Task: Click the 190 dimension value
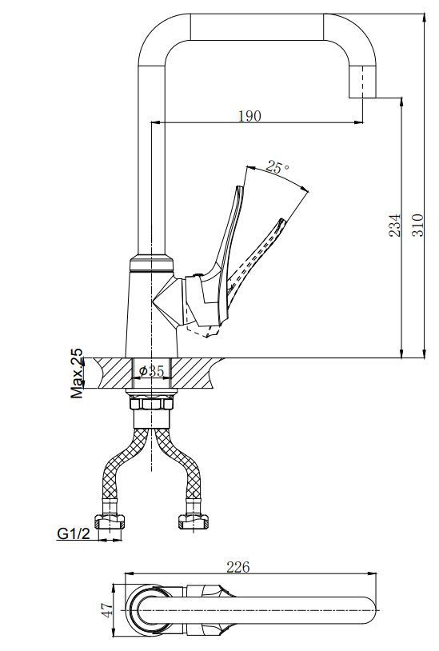249,116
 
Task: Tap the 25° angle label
277,167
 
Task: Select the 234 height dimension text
395,225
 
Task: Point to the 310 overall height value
418,225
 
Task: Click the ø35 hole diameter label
152,371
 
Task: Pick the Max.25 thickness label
76,373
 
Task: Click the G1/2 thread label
74,533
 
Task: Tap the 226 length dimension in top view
238,567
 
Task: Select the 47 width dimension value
107,610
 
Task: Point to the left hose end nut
110,521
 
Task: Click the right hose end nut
194,521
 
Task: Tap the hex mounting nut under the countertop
151,403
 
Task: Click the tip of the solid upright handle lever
238,187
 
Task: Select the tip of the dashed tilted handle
282,220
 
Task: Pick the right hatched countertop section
193,373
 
